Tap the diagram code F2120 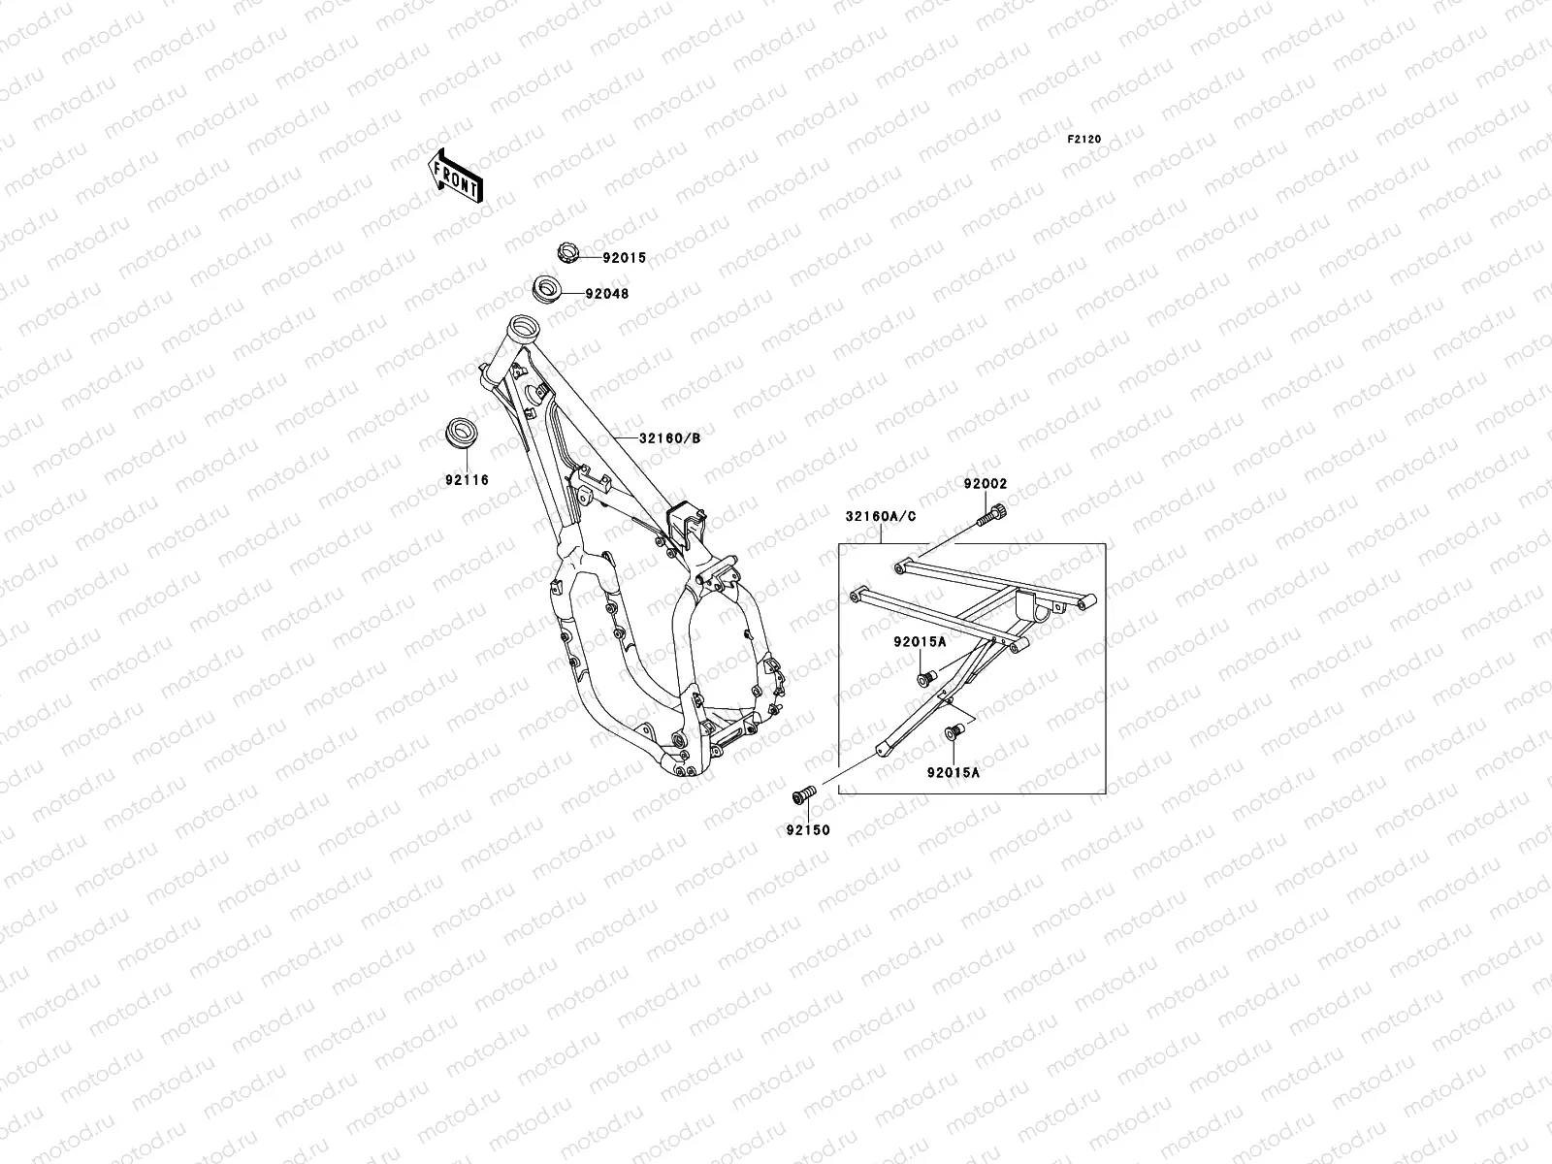1084,140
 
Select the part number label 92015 624,259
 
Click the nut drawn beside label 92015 567,255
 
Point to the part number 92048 607,293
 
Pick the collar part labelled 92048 550,288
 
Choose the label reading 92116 468,480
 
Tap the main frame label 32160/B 669,437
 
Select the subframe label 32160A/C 881,517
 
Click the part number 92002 986,484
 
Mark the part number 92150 808,830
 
